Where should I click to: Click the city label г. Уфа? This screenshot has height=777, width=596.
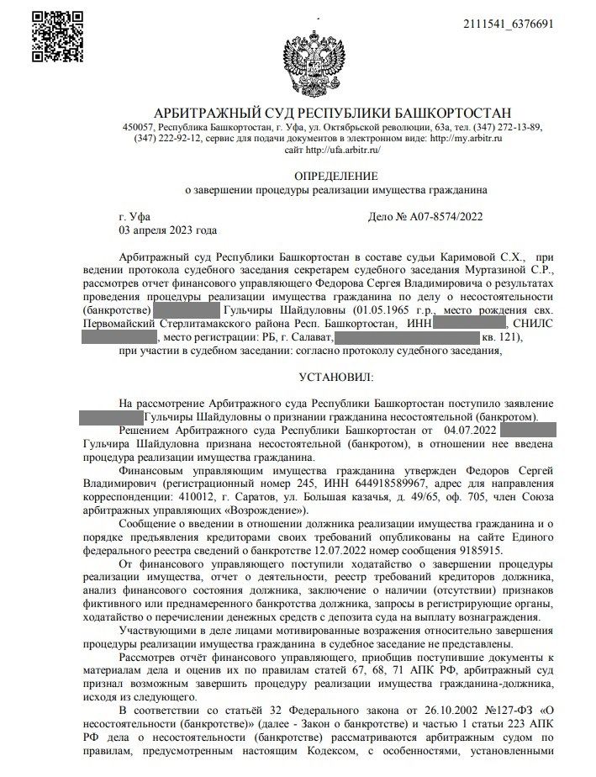[134, 217]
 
